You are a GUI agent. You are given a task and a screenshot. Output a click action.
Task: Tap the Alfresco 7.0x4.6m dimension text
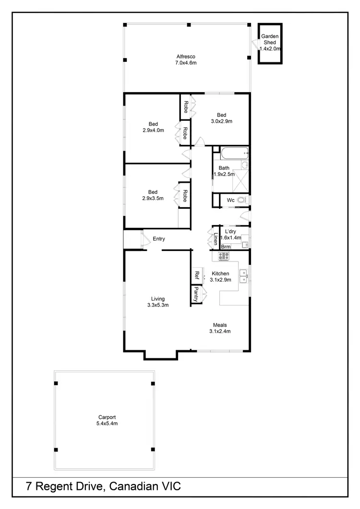(x=186, y=63)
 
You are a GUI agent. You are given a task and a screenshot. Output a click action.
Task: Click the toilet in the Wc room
(x=241, y=200)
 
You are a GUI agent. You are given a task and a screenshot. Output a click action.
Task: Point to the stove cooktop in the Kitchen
(x=224, y=256)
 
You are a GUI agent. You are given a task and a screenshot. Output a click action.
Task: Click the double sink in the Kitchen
(x=243, y=277)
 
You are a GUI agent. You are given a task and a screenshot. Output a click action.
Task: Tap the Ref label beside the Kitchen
(x=197, y=275)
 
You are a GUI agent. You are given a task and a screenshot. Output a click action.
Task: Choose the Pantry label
(x=196, y=295)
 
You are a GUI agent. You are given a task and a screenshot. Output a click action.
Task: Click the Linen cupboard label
(x=216, y=238)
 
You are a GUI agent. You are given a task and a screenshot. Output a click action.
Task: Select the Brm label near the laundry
(x=226, y=247)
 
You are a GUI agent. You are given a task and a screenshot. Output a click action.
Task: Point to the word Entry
(x=159, y=238)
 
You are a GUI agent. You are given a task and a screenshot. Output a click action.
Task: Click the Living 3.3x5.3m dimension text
(x=158, y=305)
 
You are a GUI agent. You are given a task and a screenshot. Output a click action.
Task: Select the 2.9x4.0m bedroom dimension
(x=153, y=130)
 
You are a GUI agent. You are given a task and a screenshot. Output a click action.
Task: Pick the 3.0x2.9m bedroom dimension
(x=221, y=121)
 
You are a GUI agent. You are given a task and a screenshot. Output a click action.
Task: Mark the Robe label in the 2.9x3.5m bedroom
(x=184, y=197)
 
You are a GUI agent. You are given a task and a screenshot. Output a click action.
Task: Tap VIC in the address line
(x=170, y=486)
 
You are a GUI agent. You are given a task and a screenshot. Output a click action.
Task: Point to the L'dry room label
(x=230, y=232)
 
